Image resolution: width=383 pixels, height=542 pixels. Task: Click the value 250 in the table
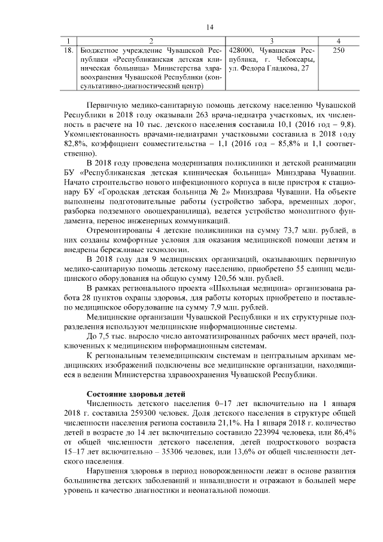click(338, 50)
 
